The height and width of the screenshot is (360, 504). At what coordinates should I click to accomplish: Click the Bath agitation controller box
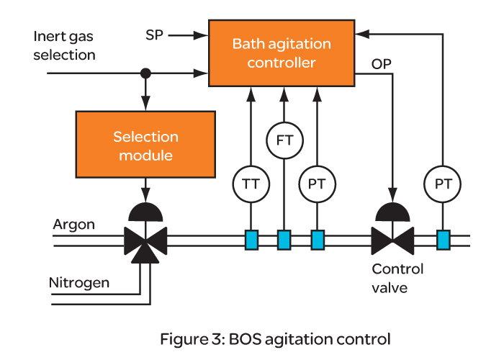282,53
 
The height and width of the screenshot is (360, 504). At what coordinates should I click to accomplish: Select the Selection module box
145,145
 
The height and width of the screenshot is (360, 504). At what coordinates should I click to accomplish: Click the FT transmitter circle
284,140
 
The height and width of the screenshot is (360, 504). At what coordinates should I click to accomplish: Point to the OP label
382,64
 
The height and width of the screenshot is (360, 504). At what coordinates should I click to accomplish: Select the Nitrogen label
79,282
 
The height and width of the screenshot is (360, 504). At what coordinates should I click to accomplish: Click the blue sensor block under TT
251,239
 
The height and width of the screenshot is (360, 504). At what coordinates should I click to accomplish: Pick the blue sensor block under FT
284,239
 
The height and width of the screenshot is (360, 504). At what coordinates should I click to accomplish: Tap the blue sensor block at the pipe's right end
442,239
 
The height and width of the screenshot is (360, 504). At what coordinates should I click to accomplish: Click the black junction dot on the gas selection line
145,73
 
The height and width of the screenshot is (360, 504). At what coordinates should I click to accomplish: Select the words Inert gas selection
65,45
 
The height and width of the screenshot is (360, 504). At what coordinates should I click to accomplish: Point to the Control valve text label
397,277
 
